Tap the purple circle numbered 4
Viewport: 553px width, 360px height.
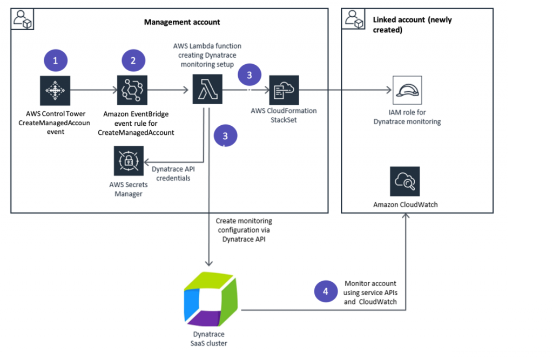pos(325,291)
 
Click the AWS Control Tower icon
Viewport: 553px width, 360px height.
pos(55,90)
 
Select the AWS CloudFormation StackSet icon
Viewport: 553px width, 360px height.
pos(284,90)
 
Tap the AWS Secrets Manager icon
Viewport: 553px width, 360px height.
pos(129,160)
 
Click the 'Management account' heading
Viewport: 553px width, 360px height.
pos(182,22)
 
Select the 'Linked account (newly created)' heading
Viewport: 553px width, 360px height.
pos(412,25)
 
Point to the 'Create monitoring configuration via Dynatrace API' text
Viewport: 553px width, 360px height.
pos(244,229)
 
